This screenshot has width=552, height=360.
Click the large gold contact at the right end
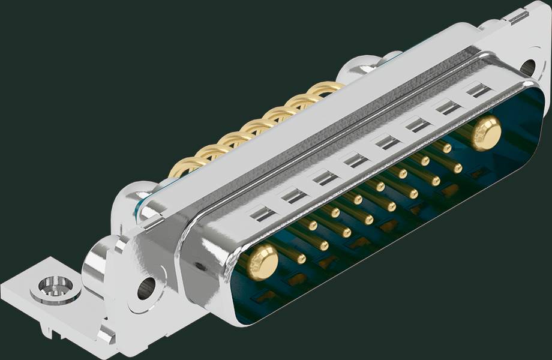coord(485,133)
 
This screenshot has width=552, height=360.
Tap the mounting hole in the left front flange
coord(146,287)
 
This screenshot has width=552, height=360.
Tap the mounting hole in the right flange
coord(528,67)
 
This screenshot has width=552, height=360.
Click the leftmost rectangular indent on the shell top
coord(262,212)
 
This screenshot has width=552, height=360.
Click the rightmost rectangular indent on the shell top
coord(478,91)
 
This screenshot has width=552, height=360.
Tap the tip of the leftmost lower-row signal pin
coord(324,245)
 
